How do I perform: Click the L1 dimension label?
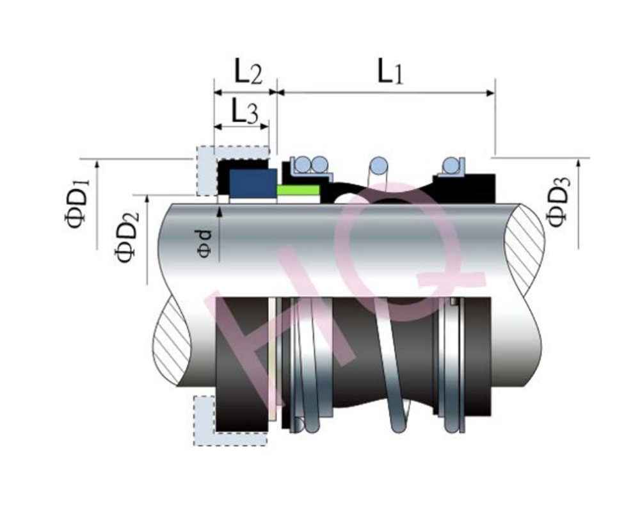click(x=390, y=71)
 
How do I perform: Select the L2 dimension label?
click(x=248, y=71)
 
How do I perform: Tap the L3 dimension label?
click(x=244, y=111)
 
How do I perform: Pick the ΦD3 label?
click(x=557, y=202)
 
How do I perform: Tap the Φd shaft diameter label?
click(x=205, y=244)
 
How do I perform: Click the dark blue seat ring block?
click(x=253, y=183)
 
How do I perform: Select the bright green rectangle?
click(x=298, y=190)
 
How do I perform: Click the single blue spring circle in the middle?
click(x=378, y=165)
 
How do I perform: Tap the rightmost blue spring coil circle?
click(x=451, y=165)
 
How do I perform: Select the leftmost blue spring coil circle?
click(x=303, y=164)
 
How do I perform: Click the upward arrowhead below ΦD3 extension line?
click(x=579, y=163)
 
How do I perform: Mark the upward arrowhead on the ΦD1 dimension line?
click(x=97, y=164)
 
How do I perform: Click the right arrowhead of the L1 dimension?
click(x=490, y=93)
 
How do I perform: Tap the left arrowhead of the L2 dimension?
click(x=219, y=93)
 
